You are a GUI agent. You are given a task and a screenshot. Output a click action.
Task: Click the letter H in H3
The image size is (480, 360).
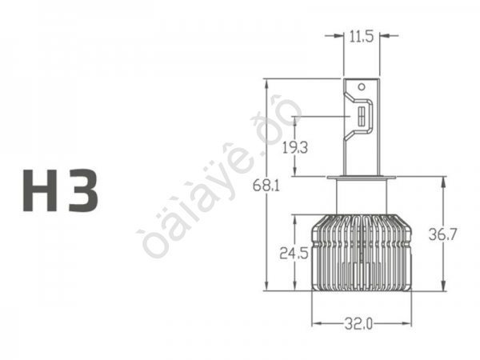tap(40, 190)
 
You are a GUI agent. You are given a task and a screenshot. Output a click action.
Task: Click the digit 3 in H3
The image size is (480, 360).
tap(83, 190)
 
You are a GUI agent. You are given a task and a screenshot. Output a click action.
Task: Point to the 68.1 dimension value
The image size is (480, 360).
tap(266, 186)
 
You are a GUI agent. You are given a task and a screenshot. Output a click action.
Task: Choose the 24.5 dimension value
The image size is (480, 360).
tap(294, 254)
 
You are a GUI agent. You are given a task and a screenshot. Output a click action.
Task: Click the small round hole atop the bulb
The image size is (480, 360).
tap(361, 86)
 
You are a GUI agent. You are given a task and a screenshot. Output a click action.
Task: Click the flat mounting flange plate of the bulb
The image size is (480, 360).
tap(360, 176)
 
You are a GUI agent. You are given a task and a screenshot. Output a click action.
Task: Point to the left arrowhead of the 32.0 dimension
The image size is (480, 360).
tap(315, 324)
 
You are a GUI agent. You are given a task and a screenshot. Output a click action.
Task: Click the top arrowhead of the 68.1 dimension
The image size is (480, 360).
tap(266, 82)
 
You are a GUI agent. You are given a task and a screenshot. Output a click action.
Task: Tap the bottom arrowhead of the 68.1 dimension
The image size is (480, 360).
tap(266, 288)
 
